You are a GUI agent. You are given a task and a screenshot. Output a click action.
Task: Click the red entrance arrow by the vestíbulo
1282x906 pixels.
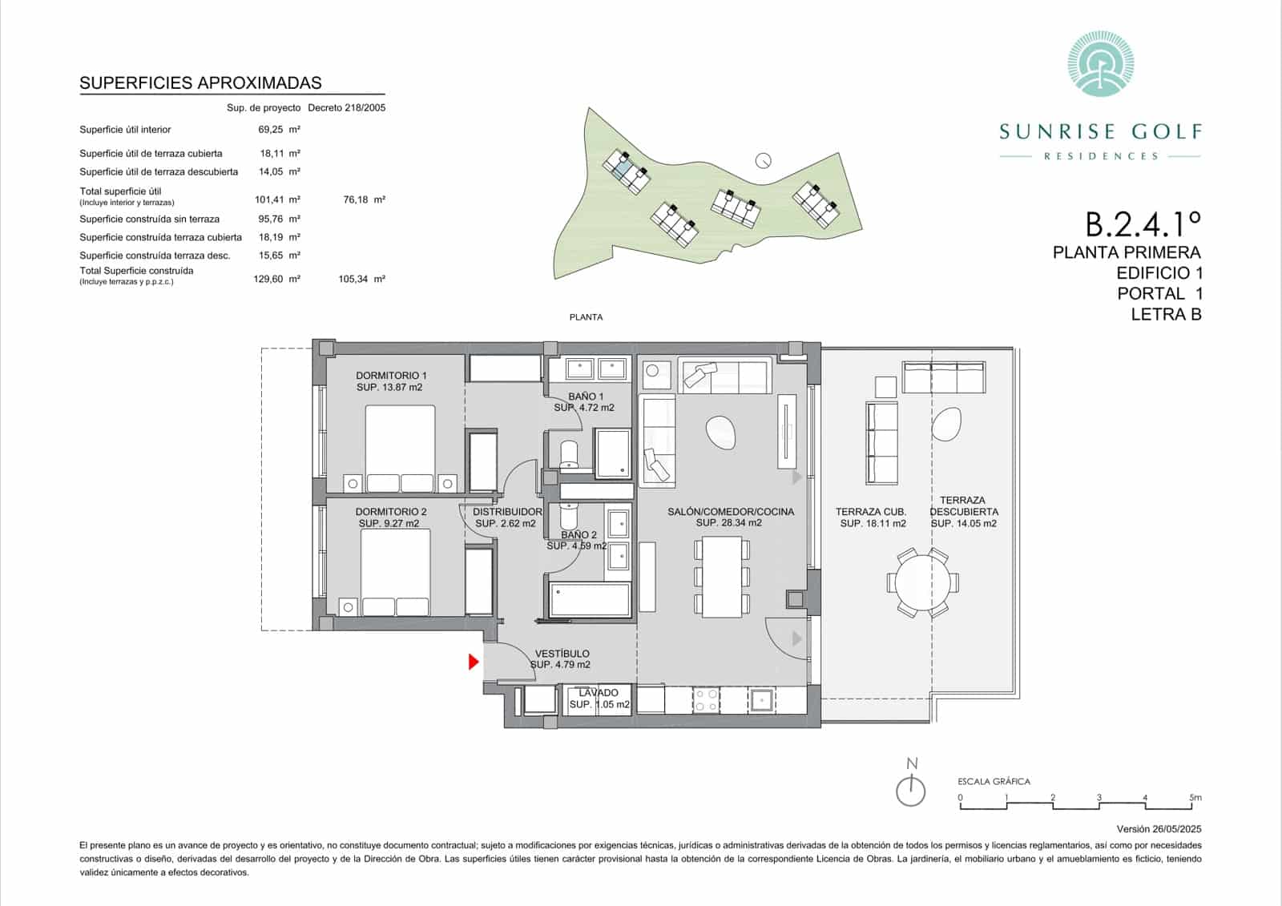coord(474,662)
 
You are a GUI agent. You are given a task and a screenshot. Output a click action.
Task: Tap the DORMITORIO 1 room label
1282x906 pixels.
coord(391,376)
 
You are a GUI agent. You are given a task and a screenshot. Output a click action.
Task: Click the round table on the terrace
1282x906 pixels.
coord(922,582)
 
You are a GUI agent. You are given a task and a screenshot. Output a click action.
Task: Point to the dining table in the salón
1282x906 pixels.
coord(722,576)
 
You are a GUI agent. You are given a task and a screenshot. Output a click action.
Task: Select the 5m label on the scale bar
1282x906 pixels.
coord(1195,798)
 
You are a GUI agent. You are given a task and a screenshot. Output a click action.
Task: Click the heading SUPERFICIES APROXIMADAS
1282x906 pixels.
coord(200,83)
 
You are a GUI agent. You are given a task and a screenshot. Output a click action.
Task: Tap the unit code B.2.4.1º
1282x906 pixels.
coord(1143,223)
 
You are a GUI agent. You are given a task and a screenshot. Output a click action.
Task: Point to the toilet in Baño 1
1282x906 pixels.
coord(569,454)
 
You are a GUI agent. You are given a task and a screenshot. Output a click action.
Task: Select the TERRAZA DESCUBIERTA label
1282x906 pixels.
coord(963,505)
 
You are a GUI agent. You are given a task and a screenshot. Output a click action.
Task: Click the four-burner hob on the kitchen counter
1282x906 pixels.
coord(706,699)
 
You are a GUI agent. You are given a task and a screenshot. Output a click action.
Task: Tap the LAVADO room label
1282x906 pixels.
coord(599,693)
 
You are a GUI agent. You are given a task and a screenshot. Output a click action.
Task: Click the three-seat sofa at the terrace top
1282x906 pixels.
coord(943,376)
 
